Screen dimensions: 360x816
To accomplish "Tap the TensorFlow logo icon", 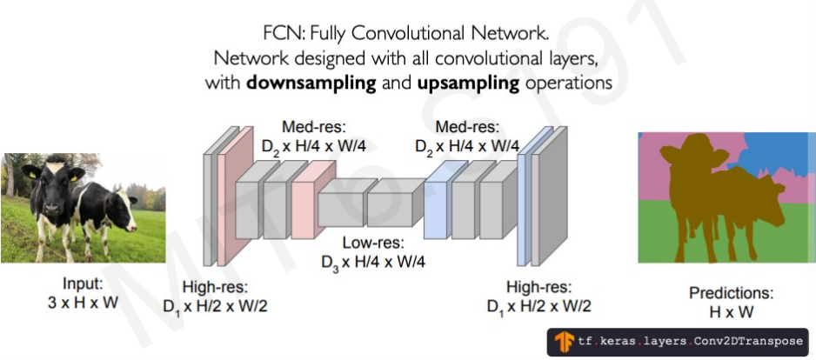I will click(563, 341).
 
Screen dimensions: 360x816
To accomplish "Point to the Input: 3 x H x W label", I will click(83, 293).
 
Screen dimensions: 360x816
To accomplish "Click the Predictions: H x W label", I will click(731, 302).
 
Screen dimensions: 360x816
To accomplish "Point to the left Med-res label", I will click(314, 137).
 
